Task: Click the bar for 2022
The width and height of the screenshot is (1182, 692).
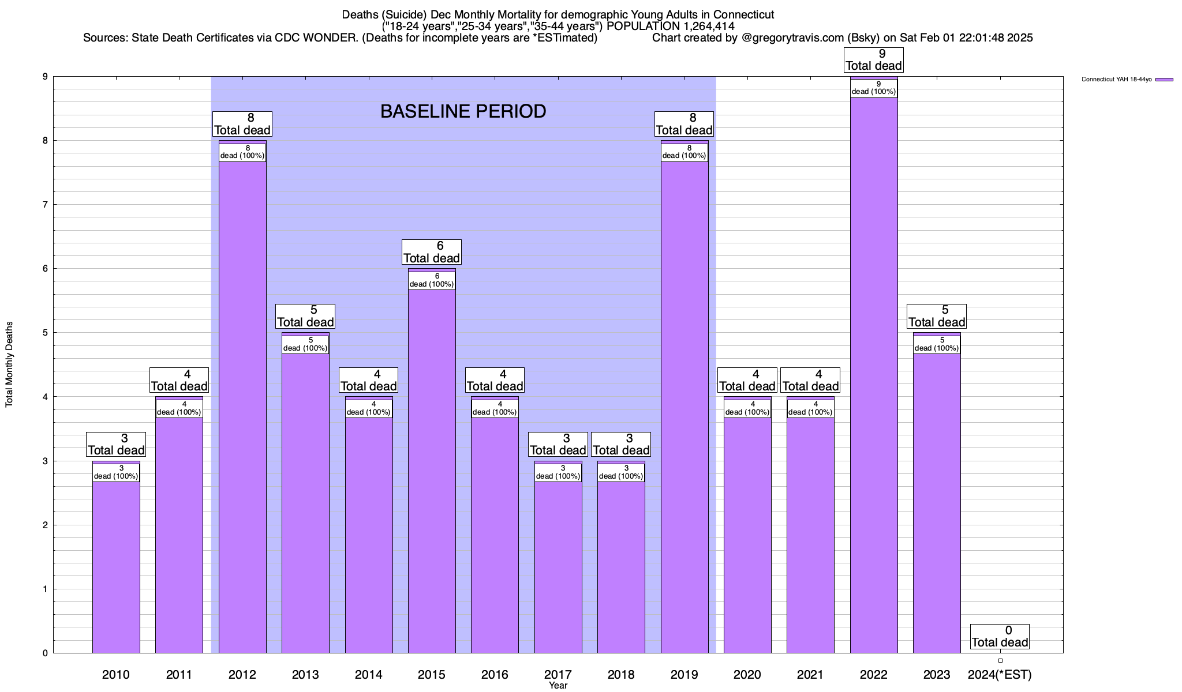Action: tap(873, 375)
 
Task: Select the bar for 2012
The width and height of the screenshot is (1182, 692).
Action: tap(242, 404)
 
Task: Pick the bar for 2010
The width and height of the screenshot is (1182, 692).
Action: tap(116, 565)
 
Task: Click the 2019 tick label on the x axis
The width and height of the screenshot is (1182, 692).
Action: tap(684, 674)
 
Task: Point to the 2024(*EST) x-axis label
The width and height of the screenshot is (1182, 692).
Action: tap(1000, 674)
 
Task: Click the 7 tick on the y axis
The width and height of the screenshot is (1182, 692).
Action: tap(44, 205)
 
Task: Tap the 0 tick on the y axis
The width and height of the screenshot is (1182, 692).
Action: tap(44, 653)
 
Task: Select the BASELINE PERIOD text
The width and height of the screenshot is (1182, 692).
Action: tap(463, 111)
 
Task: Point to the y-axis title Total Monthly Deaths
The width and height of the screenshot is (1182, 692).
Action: tap(9, 364)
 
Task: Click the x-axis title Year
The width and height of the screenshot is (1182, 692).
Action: tap(558, 686)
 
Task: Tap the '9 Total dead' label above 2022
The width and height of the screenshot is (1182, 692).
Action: tap(873, 60)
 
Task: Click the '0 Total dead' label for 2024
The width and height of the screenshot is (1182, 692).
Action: tap(1000, 637)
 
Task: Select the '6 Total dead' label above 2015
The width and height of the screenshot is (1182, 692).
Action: tap(432, 252)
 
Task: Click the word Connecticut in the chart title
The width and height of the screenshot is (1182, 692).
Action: tap(743, 14)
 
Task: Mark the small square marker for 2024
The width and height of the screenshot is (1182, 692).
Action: tap(1000, 661)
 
